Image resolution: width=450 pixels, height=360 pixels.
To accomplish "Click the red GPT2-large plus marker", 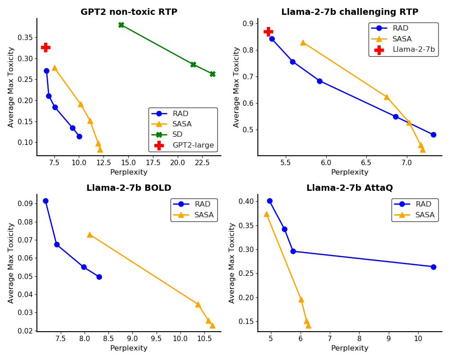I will (x=45, y=47).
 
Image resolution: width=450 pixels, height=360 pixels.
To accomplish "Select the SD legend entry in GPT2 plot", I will (x=177, y=135).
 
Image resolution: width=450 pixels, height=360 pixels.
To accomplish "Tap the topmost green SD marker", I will (x=121, y=25).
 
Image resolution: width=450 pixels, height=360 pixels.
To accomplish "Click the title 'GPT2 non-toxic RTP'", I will (x=129, y=12).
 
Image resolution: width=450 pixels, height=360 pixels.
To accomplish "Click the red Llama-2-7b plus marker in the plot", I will (x=268, y=31).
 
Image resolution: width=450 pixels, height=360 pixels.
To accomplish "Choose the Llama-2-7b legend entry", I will (x=414, y=49).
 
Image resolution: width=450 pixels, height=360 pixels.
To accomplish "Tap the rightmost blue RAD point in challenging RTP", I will (x=433, y=135).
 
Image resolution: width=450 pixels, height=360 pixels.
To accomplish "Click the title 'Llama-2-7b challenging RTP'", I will (x=350, y=12).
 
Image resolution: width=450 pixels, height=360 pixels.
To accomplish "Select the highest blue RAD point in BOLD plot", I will (x=45, y=201).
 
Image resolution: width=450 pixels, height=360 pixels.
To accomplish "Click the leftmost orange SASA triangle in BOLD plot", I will (x=90, y=234).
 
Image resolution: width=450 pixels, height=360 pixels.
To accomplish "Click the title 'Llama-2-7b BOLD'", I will (x=129, y=188).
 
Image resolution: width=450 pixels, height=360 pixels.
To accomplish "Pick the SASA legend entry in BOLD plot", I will (x=203, y=215).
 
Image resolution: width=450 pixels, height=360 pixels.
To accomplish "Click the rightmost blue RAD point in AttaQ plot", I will (x=433, y=267).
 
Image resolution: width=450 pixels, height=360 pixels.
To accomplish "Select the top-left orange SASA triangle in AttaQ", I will (x=266, y=214).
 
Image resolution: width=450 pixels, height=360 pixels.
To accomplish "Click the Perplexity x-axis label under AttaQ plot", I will (x=350, y=348).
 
